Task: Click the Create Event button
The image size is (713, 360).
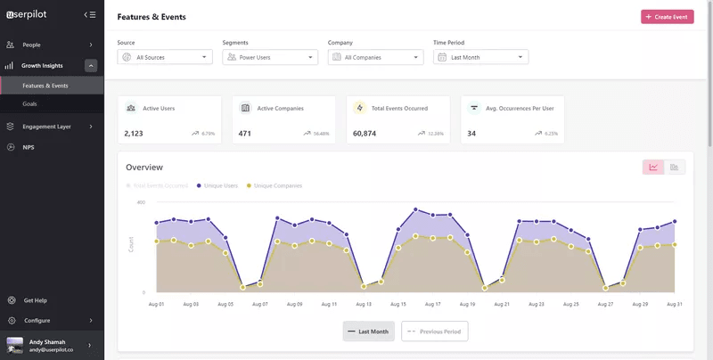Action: point(667,17)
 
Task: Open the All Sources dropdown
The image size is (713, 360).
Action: point(165,57)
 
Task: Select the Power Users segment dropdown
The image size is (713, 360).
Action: point(269,57)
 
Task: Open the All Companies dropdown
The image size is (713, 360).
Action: point(374,57)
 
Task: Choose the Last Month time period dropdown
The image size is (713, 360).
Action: point(480,57)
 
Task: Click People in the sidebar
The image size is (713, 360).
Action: point(31,45)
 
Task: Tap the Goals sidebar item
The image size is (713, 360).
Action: point(30,104)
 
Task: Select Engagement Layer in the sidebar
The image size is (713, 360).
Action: point(46,127)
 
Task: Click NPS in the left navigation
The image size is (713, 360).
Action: point(29,147)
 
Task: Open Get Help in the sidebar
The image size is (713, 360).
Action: point(36,300)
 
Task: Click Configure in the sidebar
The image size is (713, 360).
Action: point(37,320)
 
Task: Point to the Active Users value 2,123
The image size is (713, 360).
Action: point(134,134)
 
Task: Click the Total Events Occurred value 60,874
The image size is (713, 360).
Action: point(365,134)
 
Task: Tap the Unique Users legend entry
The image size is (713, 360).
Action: point(219,185)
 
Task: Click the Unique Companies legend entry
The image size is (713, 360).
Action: point(277,185)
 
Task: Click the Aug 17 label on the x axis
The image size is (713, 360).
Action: point(433,304)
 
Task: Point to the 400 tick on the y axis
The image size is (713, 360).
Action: point(141,202)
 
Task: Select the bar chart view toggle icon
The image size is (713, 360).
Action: point(675,167)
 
